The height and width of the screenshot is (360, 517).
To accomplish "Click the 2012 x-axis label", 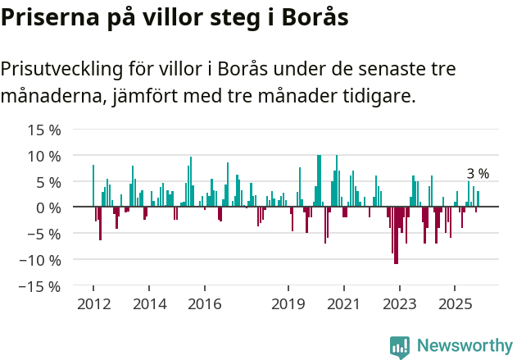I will (93, 304).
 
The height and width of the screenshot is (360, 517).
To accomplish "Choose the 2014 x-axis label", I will (148, 304).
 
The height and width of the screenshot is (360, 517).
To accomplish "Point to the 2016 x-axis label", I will (204, 304).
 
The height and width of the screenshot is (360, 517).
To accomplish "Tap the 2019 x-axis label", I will (288, 304).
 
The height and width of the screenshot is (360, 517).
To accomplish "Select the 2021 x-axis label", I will (343, 304).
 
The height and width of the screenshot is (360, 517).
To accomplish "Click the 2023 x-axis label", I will (399, 304).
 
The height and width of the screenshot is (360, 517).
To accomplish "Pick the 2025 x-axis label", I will (455, 304).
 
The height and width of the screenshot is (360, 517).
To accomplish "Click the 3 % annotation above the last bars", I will (478, 173).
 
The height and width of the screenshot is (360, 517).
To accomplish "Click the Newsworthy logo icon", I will (400, 346).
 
